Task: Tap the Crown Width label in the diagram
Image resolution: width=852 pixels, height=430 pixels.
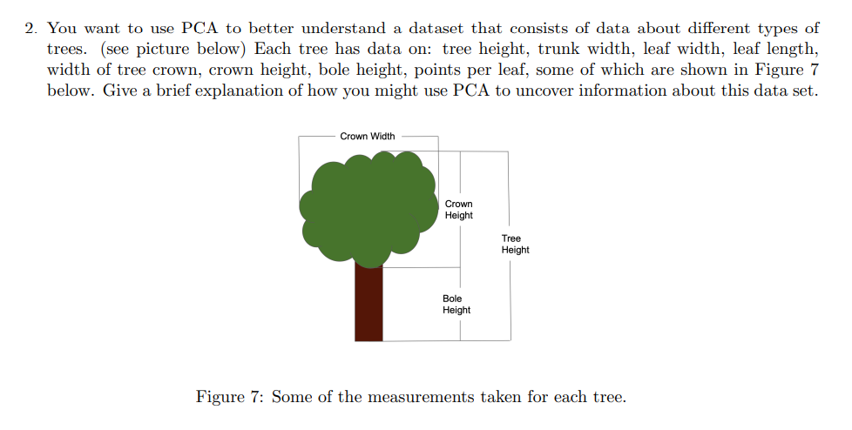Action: pos(367,136)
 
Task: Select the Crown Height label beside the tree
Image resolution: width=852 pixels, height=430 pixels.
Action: pos(459,210)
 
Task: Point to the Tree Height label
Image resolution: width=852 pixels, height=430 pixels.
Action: pos(515,244)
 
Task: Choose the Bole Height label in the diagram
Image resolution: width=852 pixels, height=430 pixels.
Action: pos(456,305)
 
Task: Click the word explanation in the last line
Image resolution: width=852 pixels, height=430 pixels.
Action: pos(254,91)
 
